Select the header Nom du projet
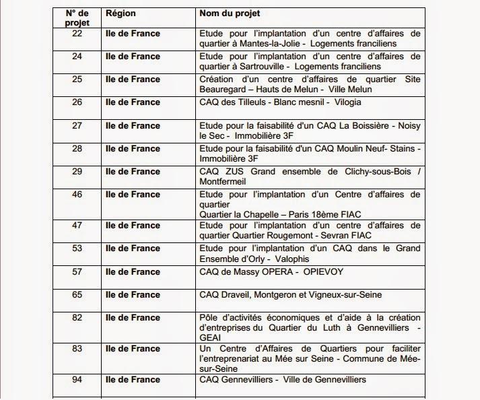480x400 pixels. click(231, 13)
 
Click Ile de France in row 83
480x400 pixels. click(133, 348)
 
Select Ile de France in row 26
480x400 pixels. click(133, 102)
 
